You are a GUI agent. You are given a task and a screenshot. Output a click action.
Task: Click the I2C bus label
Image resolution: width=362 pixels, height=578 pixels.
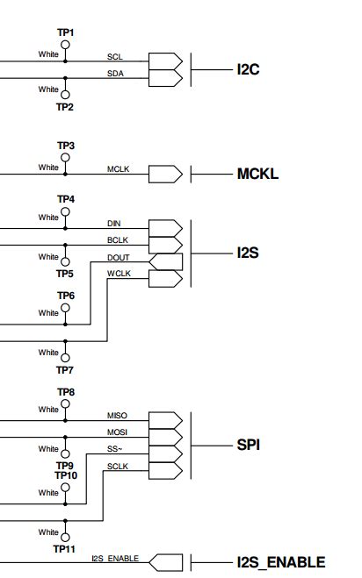point(248,68)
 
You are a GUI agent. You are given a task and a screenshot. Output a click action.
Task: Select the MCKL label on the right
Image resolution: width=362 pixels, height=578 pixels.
point(257,174)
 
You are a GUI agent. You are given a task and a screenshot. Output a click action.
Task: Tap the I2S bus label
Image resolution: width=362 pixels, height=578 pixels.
point(248,253)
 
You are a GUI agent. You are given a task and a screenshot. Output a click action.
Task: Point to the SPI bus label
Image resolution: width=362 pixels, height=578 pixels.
point(249,445)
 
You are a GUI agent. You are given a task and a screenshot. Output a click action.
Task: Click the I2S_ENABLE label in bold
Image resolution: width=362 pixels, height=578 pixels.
point(280,562)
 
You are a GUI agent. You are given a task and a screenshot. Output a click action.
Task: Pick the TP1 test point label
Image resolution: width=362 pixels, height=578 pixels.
point(66,32)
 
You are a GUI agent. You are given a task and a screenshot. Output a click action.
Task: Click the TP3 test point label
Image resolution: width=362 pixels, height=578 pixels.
point(66,146)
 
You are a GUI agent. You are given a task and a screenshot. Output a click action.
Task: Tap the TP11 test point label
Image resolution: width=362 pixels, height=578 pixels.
point(63,549)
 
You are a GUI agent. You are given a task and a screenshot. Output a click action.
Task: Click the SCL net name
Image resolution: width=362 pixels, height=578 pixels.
point(114,56)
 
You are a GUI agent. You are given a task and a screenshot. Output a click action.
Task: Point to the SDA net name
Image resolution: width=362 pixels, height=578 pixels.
point(115,74)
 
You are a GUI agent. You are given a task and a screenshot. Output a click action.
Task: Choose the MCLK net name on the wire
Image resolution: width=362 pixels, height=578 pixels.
point(119,168)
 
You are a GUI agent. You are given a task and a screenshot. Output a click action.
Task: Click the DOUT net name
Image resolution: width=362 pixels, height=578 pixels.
point(119,258)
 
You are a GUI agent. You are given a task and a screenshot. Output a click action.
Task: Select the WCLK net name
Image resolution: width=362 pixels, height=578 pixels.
point(119,275)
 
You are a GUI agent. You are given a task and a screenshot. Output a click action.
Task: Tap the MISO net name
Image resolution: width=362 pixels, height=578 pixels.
point(118,415)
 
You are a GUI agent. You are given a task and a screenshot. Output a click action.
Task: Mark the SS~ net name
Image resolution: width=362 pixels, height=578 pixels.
point(115,449)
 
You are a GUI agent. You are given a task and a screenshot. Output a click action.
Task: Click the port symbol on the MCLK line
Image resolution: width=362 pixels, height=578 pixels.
point(166,175)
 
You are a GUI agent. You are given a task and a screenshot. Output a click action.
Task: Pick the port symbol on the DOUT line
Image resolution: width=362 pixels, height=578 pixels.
point(166,262)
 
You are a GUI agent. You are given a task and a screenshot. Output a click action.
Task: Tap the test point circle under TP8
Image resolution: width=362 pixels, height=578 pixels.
point(65,402)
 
